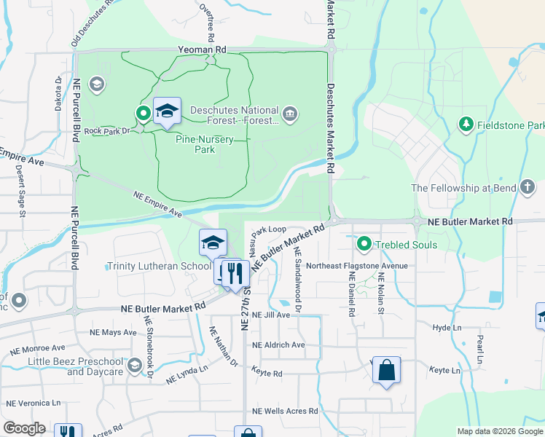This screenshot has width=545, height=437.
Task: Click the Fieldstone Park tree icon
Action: click(x=466, y=125)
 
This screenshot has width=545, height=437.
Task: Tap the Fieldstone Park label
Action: click(x=510, y=125)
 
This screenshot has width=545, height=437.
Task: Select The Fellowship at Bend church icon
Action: click(x=528, y=187)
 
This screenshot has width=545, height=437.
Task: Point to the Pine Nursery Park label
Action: click(x=195, y=143)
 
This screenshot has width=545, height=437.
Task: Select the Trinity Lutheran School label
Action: click(x=159, y=267)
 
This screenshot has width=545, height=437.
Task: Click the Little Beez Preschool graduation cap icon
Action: click(x=134, y=366)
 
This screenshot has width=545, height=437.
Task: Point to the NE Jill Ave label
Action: click(x=270, y=315)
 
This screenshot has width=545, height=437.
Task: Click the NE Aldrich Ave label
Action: click(x=278, y=345)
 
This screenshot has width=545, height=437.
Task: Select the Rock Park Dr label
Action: click(x=106, y=131)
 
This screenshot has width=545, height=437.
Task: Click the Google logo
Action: click(x=25, y=428)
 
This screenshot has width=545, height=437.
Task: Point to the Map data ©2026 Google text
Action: click(x=499, y=431)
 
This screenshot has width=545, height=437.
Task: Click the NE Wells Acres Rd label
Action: click(x=285, y=412)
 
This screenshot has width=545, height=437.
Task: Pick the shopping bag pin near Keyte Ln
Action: click(x=386, y=369)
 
